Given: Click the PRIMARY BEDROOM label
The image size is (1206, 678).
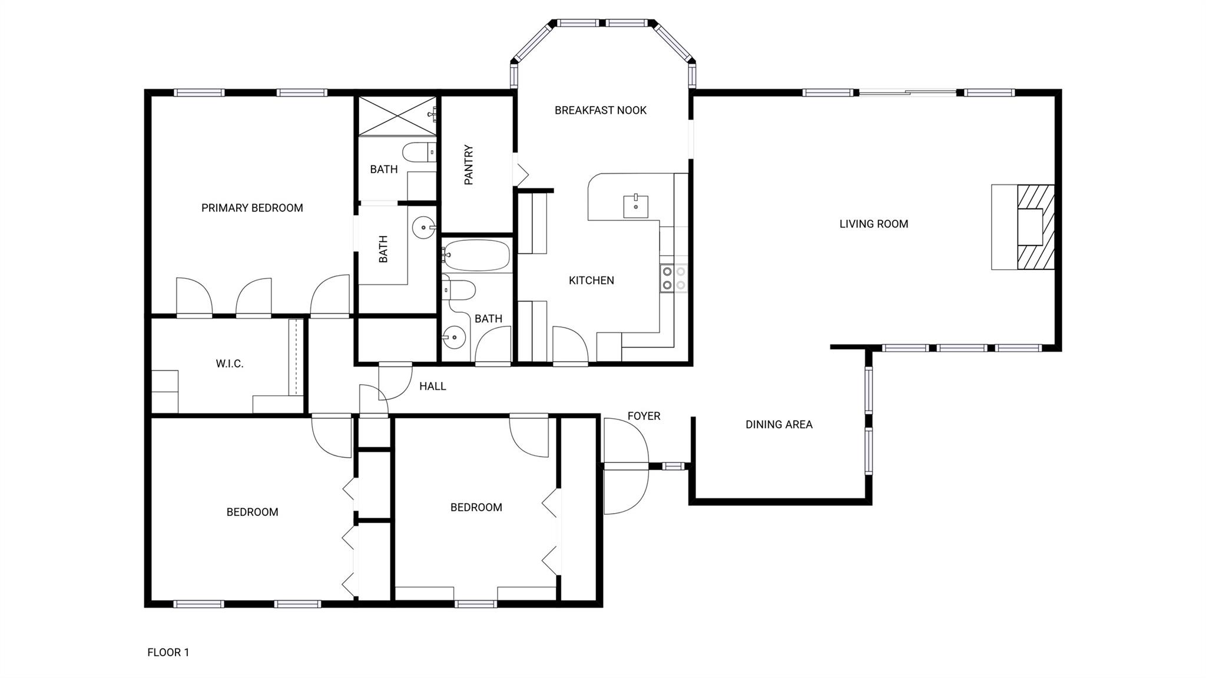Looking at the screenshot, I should coord(252,208).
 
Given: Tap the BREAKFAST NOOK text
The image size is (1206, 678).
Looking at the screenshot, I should coord(600,110).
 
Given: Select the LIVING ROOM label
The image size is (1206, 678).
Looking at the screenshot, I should coord(873,224).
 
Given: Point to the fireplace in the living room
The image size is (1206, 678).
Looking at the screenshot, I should coord(1035,227).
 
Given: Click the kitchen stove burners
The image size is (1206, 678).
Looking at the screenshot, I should coord(674,278).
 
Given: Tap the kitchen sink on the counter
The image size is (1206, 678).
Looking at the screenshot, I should coord(635,207).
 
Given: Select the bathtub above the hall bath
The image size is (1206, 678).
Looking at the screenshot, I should coord(476,255).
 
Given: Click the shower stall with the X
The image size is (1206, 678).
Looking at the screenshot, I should coord(397,116).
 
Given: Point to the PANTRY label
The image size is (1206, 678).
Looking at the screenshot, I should coord(469,165).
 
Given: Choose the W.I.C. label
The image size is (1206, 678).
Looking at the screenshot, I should coord(229,364).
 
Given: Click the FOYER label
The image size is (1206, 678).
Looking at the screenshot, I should coord(644,416).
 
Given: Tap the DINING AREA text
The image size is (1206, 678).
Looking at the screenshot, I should coord(778,424).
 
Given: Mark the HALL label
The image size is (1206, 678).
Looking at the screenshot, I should coord(432,386).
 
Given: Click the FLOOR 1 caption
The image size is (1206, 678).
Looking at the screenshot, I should coord(168,652).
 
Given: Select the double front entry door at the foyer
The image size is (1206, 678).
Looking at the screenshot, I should coord(625,466).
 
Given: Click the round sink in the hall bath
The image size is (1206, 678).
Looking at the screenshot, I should coord(453,338).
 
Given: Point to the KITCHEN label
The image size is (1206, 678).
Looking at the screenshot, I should coord(591,280).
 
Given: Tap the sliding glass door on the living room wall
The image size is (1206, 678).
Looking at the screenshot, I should coord(907,92).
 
